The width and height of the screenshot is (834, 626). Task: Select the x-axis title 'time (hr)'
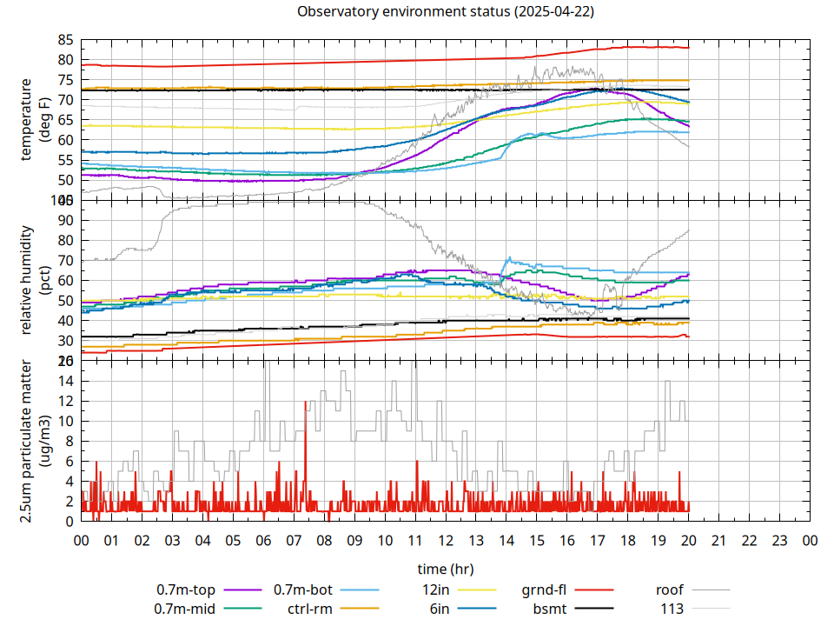(445, 569)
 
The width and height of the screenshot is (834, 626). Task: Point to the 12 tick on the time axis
(446, 540)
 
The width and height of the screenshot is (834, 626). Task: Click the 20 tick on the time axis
(689, 540)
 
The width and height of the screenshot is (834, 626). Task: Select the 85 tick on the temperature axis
(65, 40)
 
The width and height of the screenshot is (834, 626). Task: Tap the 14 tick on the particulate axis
(65, 381)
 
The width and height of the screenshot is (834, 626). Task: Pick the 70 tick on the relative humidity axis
(65, 260)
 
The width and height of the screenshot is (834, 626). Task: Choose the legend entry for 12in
(439, 590)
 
